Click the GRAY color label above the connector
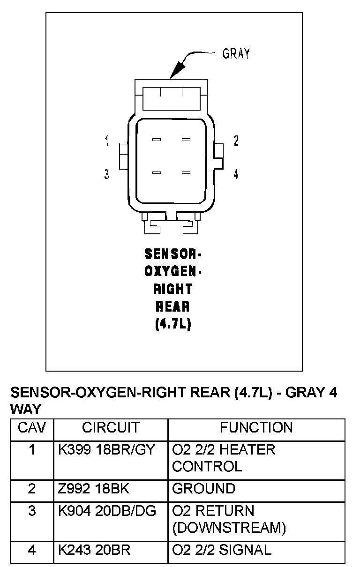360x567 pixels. (236, 53)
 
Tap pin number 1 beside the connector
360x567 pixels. (107, 141)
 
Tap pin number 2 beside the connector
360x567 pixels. (236, 141)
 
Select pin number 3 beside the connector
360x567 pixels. (107, 174)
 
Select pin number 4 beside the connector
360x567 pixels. (236, 174)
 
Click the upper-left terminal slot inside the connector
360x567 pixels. (157, 140)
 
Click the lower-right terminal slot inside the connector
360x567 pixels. (186, 173)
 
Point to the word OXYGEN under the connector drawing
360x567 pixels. (173, 271)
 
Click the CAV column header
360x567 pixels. (31, 427)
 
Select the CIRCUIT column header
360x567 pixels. (111, 427)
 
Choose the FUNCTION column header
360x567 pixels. (256, 427)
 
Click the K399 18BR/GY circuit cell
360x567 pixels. (106, 450)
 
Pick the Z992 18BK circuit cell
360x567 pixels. (94, 489)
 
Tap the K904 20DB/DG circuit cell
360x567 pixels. (107, 511)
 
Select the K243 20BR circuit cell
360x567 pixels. (94, 550)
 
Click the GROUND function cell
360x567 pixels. (203, 489)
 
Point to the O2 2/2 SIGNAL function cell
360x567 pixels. (222, 550)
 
